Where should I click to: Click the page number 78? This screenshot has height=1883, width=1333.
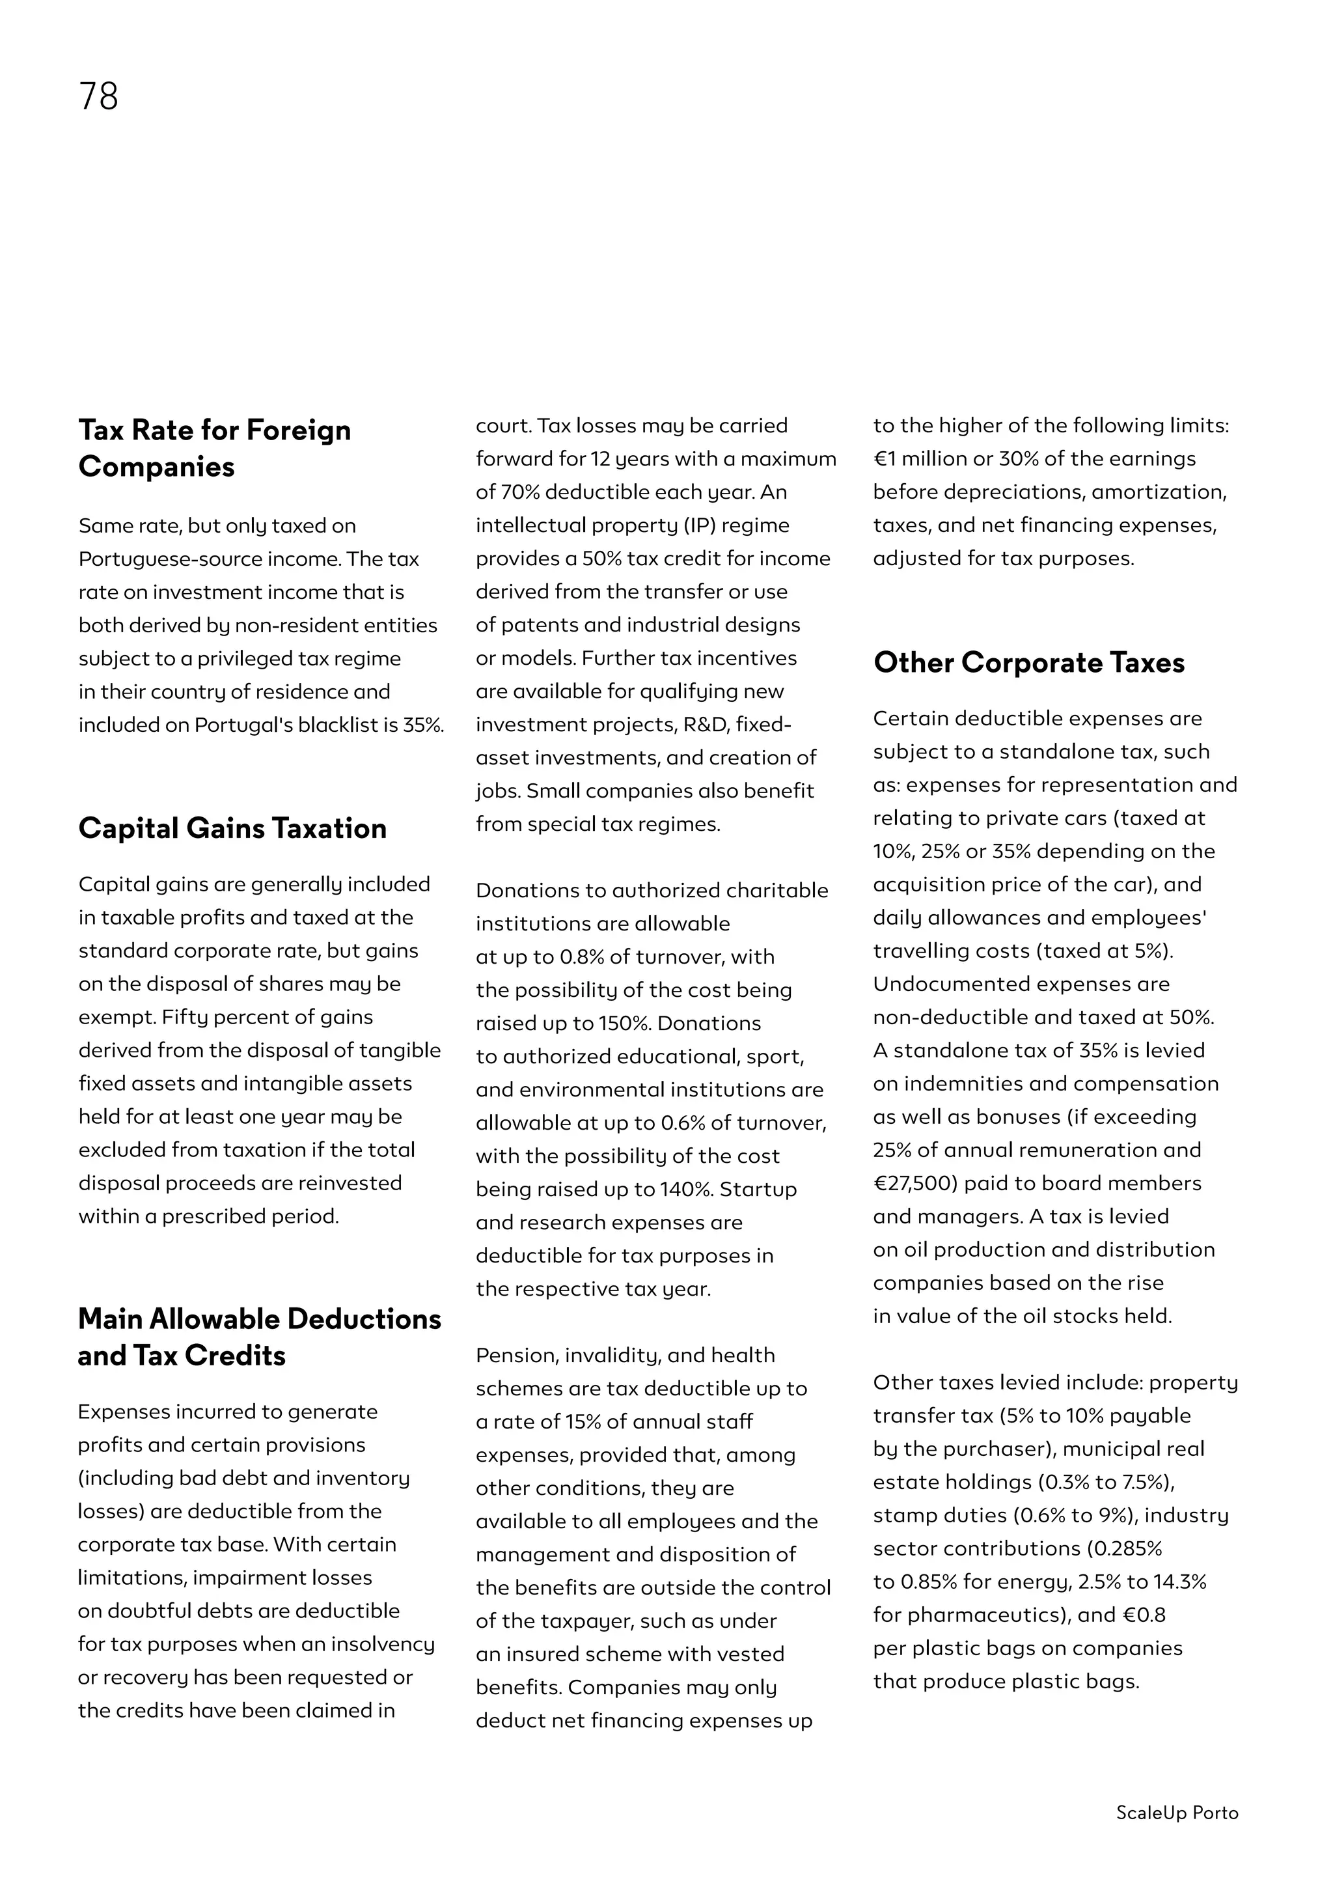click(x=98, y=96)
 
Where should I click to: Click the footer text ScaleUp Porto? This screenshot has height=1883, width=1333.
click(x=1176, y=1813)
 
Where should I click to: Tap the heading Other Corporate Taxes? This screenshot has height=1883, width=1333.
click(x=1028, y=663)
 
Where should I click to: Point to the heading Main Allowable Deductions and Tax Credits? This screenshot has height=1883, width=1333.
click(x=260, y=1336)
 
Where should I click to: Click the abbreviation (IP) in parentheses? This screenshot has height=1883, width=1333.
click(x=694, y=525)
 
